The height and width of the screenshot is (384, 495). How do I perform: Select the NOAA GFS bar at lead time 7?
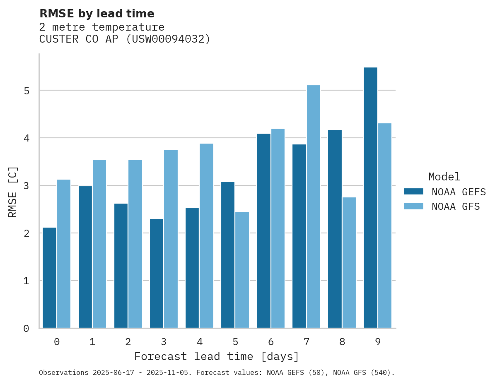click(313, 206)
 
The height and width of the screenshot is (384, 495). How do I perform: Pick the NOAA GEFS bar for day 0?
click(49, 278)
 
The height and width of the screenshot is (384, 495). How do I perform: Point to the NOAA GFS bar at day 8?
click(349, 263)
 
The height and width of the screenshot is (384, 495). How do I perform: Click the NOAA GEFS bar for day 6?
click(263, 230)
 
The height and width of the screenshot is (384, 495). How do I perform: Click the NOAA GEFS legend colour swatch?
click(413, 192)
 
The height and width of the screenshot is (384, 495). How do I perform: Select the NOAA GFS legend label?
click(456, 206)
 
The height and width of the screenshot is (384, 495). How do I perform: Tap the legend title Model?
click(444, 177)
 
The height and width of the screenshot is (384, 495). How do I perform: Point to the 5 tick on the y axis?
click(27, 91)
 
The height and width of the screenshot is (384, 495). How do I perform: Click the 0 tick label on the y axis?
click(27, 329)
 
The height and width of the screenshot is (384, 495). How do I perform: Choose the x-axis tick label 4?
click(200, 342)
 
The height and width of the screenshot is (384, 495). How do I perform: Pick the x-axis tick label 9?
click(378, 342)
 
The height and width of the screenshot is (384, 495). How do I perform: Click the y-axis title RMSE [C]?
click(13, 192)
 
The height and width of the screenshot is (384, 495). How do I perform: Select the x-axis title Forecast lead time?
click(216, 356)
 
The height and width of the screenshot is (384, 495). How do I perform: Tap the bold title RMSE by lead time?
click(97, 14)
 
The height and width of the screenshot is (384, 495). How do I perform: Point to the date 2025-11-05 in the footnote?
click(169, 373)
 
